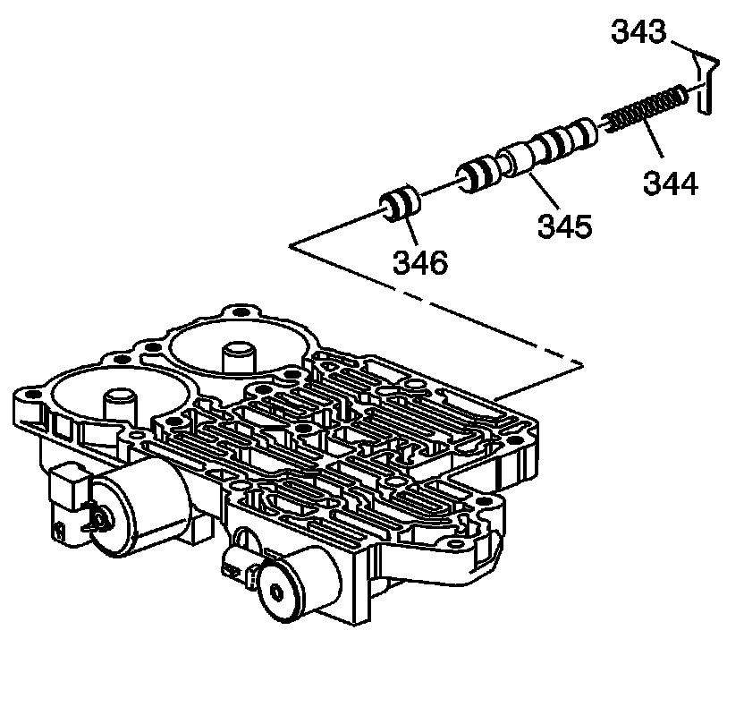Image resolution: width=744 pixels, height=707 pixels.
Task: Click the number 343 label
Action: point(639,33)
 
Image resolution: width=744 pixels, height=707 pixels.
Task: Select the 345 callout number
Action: point(564,224)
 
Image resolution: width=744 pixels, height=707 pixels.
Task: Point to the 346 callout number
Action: point(420,262)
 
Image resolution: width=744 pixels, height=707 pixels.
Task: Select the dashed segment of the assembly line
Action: point(438,304)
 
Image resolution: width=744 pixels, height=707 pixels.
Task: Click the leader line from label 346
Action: point(407,227)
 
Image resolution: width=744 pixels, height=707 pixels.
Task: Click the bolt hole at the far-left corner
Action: point(33,395)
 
